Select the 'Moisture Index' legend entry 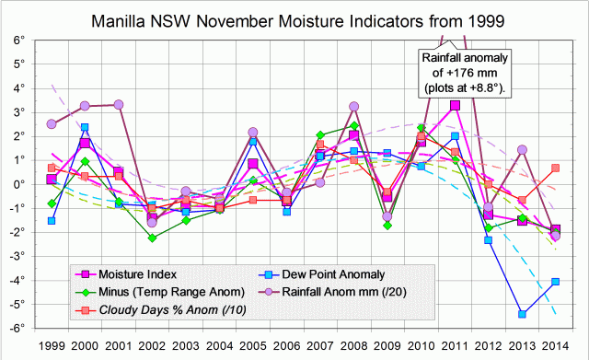coord(143,273)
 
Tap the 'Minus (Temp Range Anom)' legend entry coord(156,291)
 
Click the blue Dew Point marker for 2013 coord(522,314)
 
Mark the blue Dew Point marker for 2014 coord(555,282)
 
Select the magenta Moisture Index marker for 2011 coord(456,105)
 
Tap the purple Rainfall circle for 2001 coord(118,105)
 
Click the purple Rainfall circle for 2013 coord(522,149)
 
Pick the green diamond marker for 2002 coord(152,238)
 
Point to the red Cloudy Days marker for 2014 coord(555,168)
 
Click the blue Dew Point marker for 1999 coord(52,221)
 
